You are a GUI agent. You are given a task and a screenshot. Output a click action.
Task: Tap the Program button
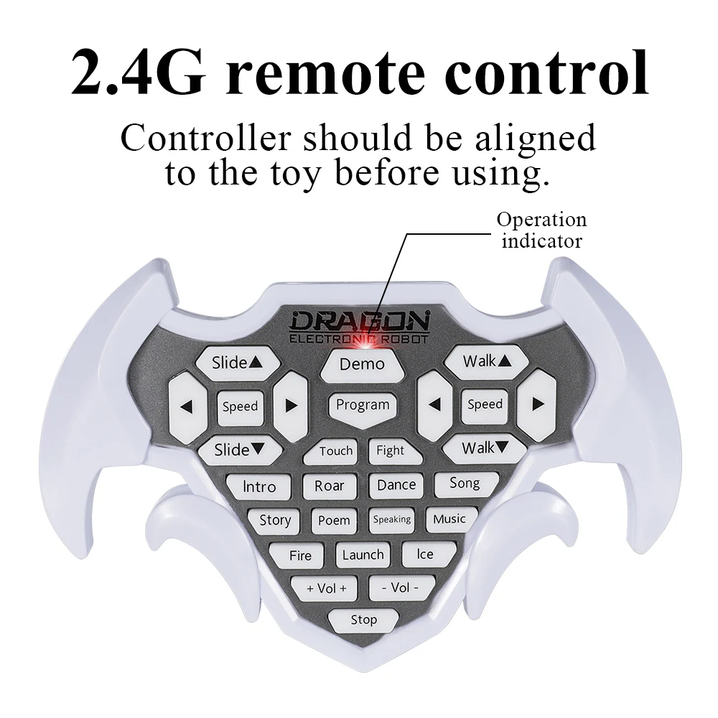point(363,405)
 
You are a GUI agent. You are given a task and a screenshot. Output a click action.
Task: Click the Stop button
point(363,620)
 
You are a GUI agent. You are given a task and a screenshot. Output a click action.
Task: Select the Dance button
point(396,485)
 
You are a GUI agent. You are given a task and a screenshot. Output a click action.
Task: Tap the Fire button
point(300,556)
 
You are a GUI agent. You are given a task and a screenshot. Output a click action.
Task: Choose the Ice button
point(425,554)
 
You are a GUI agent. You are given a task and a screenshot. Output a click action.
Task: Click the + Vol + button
point(327,589)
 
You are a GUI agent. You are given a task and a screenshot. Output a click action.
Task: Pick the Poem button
point(334,521)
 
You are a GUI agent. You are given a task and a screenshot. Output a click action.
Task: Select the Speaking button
point(391,519)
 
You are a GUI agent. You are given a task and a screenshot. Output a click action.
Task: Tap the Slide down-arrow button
point(240,450)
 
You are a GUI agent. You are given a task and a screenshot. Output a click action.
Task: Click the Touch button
point(335,451)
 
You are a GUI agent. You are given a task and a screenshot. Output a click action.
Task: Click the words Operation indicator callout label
point(541,230)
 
